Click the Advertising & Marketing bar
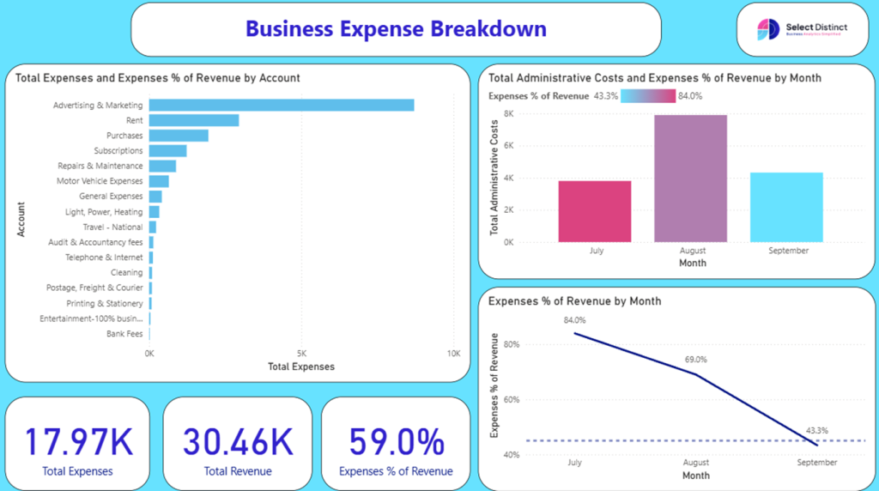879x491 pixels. [281, 105]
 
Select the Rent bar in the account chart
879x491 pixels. [194, 120]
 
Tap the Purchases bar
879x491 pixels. [179, 136]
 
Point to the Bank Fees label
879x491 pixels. [124, 334]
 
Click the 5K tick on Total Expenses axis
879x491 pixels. [301, 353]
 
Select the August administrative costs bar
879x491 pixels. [690, 179]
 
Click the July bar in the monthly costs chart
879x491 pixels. [595, 211]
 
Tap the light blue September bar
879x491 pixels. [786, 207]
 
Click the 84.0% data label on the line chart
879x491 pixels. [574, 321]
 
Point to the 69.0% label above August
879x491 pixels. [696, 360]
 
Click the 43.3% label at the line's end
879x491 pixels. [817, 431]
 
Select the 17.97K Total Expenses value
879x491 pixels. [78, 442]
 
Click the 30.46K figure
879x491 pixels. [238, 442]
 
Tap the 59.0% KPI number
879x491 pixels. [396, 442]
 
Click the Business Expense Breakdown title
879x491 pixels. [396, 29]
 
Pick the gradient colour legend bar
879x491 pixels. [647, 96]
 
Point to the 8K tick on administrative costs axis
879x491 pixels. [508, 113]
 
